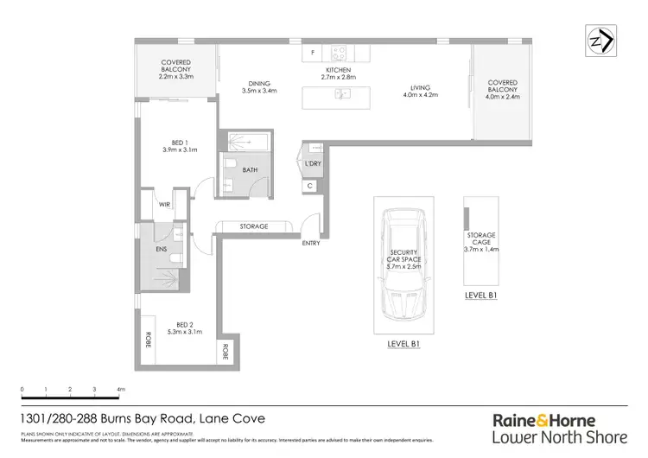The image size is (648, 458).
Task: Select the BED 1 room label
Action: pyautogui.click(x=180, y=145)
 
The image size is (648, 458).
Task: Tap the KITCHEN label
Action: pyautogui.click(x=338, y=69)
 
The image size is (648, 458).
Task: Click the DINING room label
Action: pyautogui.click(x=257, y=85)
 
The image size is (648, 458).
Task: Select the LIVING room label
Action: pyautogui.click(x=420, y=86)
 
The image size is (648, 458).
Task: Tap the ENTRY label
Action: pyautogui.click(x=311, y=243)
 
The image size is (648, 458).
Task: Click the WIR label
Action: pyautogui.click(x=164, y=206)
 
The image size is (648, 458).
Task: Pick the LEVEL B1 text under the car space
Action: pyautogui.click(x=404, y=343)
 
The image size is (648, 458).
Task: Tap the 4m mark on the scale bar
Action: pyautogui.click(x=120, y=391)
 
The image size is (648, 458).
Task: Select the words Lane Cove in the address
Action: pyautogui.click(x=232, y=419)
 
